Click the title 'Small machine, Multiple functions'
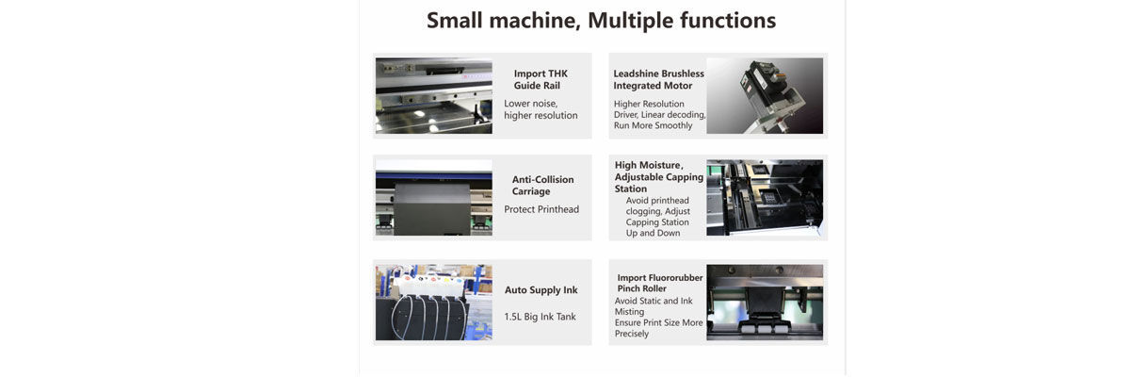point(601,21)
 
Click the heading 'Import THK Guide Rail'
point(540,80)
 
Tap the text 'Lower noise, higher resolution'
point(541,109)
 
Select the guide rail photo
point(434,96)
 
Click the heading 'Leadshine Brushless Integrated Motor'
point(658,80)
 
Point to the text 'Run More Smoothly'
point(653,125)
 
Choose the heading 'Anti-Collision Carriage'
point(542,186)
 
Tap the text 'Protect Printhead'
point(541,209)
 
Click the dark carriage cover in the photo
point(432,209)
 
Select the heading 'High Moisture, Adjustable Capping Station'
point(658,176)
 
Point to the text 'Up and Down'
point(653,233)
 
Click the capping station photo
point(765,198)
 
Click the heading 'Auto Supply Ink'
point(541,290)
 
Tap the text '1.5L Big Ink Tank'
point(540,317)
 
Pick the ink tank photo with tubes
point(434,303)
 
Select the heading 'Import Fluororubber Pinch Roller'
point(659,283)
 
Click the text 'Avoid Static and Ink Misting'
point(654,306)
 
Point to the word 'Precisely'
point(632,334)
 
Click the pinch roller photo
point(765,303)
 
